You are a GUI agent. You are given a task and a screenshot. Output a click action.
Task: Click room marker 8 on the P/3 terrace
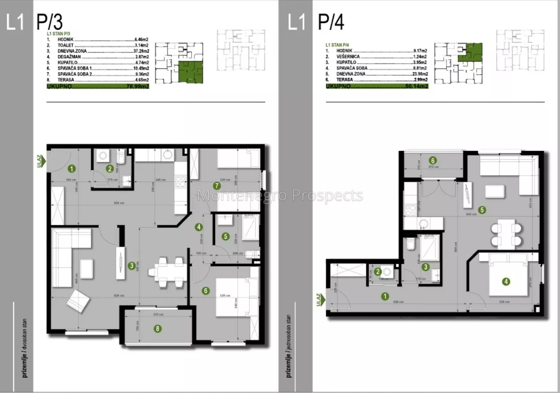pyautogui.click(x=157, y=329)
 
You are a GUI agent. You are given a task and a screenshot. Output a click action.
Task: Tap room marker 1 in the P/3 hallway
pyautogui.click(x=71, y=169)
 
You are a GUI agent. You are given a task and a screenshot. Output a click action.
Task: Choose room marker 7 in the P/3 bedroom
pyautogui.click(x=217, y=185)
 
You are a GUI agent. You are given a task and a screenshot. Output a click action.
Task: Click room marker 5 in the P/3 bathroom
pyautogui.click(x=226, y=236)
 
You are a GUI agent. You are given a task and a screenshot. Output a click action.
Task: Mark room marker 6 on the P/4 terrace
pyautogui.click(x=432, y=160)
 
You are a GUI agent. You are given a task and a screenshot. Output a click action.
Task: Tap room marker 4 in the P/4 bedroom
pyautogui.click(x=506, y=281)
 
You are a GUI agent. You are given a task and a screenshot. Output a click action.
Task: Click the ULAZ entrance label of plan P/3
pyautogui.click(x=40, y=161)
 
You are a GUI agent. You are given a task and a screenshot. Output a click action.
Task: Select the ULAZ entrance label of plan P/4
pyautogui.click(x=319, y=300)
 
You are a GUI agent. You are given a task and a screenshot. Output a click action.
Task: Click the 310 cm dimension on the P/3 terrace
pyautogui.click(x=156, y=314)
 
